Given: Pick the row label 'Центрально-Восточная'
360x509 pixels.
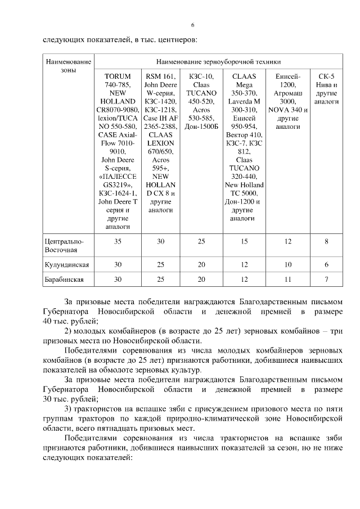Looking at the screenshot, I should [64, 245].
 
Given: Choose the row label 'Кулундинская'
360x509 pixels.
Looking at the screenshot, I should [67, 264].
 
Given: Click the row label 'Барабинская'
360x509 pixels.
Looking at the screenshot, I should [64, 279].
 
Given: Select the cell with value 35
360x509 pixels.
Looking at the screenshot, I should [118, 241].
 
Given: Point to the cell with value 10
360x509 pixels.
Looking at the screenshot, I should [288, 264].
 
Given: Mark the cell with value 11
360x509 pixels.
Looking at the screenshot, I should [288, 279].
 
